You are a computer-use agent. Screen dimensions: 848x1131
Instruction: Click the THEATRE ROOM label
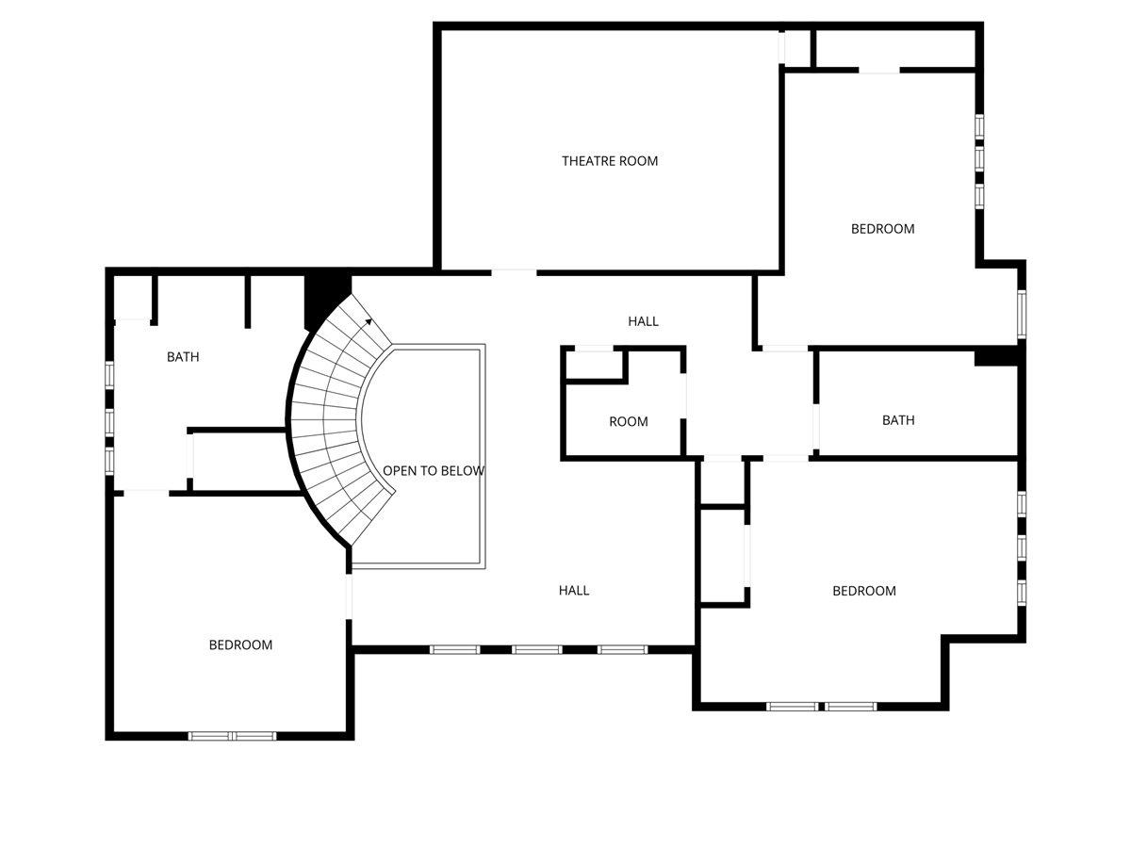(x=610, y=161)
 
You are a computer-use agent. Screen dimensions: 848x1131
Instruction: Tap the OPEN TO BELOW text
(x=434, y=470)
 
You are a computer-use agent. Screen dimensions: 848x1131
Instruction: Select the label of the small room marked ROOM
(x=628, y=421)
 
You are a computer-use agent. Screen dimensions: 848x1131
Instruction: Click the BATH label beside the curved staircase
(x=183, y=357)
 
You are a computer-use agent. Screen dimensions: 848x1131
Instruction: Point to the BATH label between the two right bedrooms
(x=897, y=420)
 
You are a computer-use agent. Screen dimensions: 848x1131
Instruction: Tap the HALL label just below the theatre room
(x=643, y=321)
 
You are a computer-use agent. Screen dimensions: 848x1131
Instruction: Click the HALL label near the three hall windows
(x=573, y=591)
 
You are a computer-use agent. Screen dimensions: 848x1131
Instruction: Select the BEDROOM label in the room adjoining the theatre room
(x=882, y=229)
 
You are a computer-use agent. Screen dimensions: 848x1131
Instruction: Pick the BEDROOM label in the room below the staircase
(x=240, y=645)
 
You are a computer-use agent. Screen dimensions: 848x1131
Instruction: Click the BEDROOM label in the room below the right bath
(x=863, y=591)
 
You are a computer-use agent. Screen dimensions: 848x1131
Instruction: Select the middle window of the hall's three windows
(x=537, y=649)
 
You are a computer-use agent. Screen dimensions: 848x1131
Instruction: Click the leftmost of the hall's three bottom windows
(x=454, y=649)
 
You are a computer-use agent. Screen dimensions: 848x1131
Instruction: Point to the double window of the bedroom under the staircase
(x=232, y=736)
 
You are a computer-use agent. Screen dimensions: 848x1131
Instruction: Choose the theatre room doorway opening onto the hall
(x=514, y=272)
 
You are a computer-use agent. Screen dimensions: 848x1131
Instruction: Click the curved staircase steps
(x=325, y=424)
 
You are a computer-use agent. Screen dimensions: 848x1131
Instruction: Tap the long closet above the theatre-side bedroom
(x=893, y=48)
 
